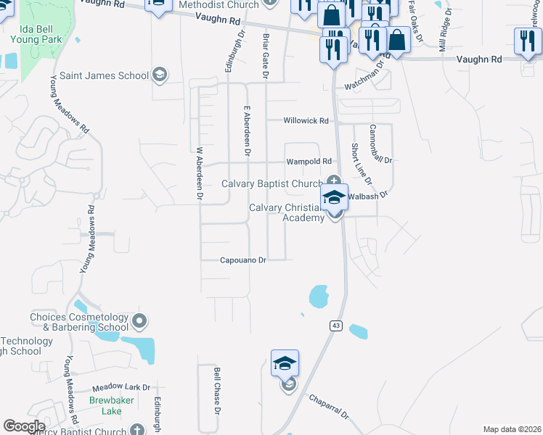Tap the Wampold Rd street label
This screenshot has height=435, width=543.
[309, 162]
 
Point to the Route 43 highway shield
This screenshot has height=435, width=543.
[335, 326]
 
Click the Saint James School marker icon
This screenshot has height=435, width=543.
[159, 75]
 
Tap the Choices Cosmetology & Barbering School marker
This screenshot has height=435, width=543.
[140, 320]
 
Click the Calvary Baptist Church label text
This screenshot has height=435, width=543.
[271, 184]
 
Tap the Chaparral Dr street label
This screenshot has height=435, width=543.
[329, 406]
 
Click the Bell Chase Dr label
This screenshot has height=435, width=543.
[216, 389]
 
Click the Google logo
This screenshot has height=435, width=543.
[25, 426]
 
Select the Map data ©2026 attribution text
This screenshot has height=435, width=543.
[512, 429]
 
